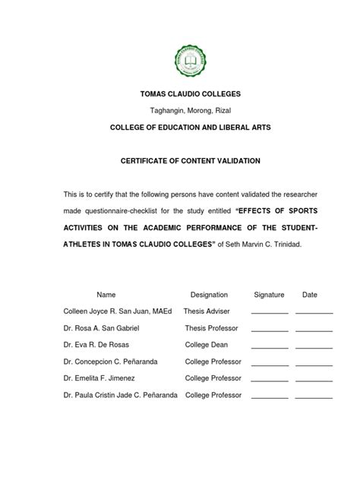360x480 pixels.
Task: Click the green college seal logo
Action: [180, 57]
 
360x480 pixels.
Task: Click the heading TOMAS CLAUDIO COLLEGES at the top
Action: [180, 93]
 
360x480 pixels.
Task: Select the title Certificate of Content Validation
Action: [180, 161]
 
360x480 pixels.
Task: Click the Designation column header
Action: [209, 295]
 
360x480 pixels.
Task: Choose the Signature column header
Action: [269, 295]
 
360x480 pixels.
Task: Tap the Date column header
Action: [310, 295]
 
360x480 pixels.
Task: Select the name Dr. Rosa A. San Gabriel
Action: [101, 328]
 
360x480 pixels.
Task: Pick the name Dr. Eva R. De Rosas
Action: [96, 345]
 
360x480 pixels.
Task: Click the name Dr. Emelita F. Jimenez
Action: [97, 378]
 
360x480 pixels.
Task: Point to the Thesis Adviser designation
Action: [206, 311]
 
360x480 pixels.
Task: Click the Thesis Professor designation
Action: [212, 328]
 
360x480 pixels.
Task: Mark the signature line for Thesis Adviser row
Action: [270, 313]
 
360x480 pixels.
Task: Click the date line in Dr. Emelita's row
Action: [314, 380]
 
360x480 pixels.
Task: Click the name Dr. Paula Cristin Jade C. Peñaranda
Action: [121, 395]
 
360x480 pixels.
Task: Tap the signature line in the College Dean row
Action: [270, 346]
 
